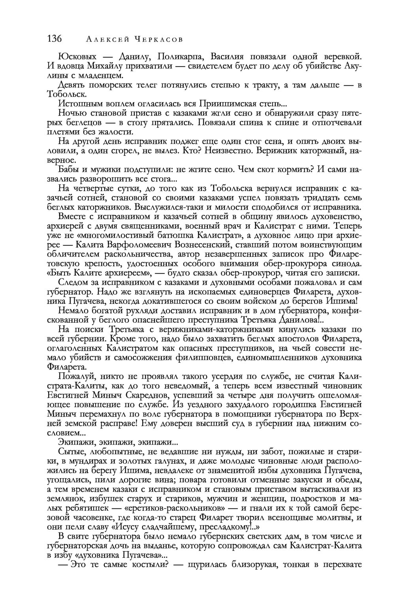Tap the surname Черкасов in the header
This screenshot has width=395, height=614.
(158, 39)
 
